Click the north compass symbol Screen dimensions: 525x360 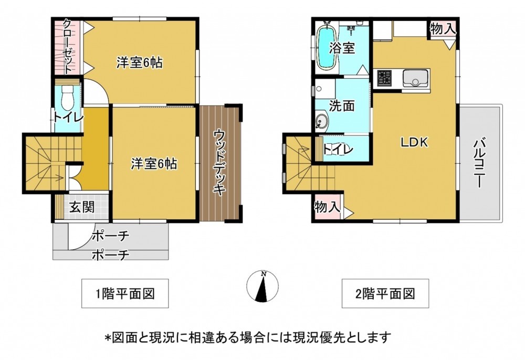pos(262,286)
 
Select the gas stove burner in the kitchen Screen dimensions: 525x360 pos(385,77)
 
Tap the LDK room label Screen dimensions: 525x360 pos(415,142)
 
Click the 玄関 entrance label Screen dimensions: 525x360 pos(82,207)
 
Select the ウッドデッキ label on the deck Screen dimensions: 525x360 pos(219,163)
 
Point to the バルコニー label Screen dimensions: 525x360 pos(480,163)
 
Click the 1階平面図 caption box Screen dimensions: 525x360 pos(125,293)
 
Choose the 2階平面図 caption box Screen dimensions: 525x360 pos(385,293)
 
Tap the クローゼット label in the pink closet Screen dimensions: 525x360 pos(67,47)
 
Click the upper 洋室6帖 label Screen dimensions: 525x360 pos(140,62)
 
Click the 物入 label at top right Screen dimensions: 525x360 pos(443,29)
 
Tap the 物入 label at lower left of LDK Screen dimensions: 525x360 pos(327,207)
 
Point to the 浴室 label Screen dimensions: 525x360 pos(342,48)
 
